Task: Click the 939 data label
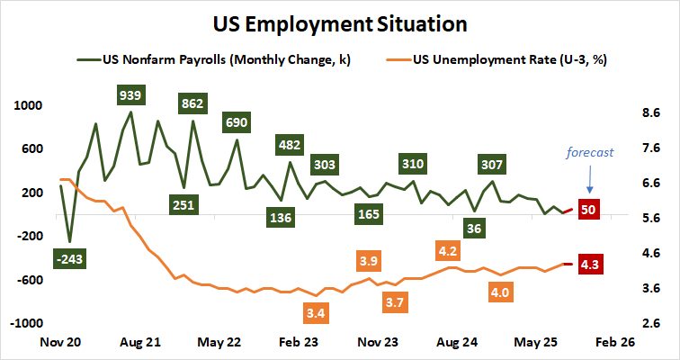coord(134,94)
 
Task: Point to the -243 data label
coord(69,258)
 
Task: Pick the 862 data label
coord(192,103)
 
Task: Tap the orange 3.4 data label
coord(316,314)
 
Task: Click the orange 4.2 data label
coord(447,249)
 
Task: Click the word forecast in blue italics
coord(589,152)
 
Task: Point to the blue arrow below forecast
coord(589,180)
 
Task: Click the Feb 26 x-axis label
coord(616,343)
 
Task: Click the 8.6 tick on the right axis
coord(650,113)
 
